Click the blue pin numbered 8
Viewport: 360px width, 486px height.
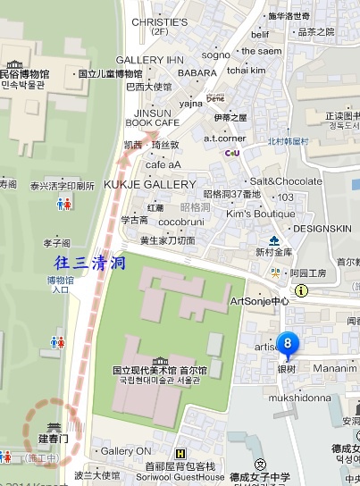(x=287, y=343)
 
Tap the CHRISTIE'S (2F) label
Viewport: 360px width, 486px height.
(x=159, y=26)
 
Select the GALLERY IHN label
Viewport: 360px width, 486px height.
(x=143, y=59)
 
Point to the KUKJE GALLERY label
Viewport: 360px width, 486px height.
(x=150, y=184)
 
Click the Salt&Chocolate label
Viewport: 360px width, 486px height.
(x=286, y=181)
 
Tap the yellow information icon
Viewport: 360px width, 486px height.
(x=302, y=290)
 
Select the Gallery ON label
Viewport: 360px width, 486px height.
(x=126, y=451)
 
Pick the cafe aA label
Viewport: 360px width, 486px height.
(x=163, y=164)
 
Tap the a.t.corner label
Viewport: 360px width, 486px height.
(x=223, y=138)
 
